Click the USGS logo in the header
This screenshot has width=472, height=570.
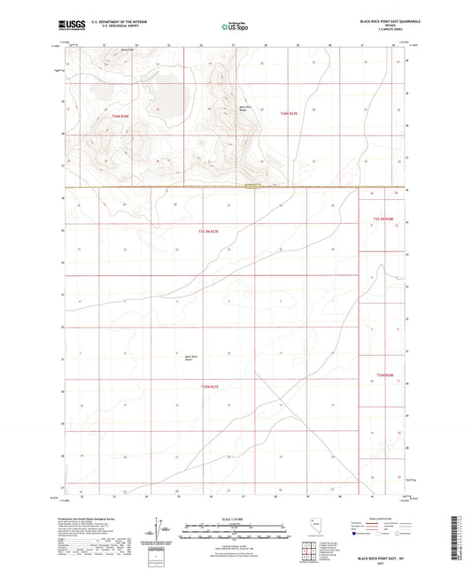tap(69, 24)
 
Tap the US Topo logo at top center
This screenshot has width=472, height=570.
tap(235, 27)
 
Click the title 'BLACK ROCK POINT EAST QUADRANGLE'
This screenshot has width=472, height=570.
tap(390, 19)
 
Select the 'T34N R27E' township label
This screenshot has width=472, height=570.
tap(291, 113)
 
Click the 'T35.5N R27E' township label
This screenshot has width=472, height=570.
tap(209, 232)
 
